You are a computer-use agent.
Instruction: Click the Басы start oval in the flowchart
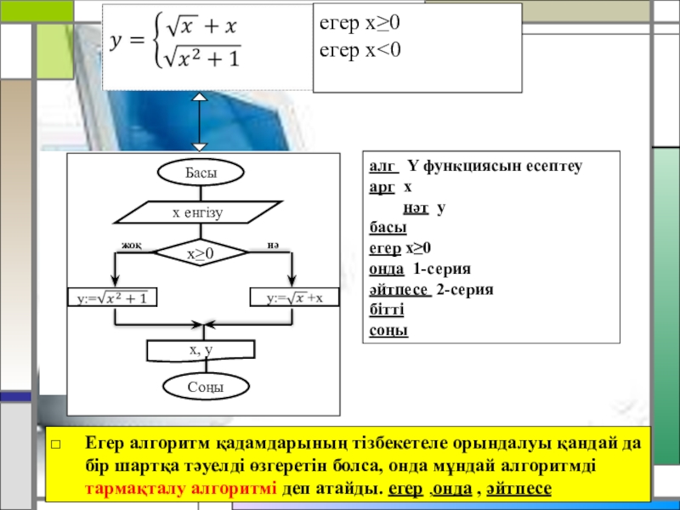pyautogui.click(x=201, y=173)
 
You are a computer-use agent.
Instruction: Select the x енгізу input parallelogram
pyautogui.click(x=201, y=212)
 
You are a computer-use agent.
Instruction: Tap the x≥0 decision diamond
pyautogui.click(x=201, y=253)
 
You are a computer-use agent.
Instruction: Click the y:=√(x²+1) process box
pyautogui.click(x=114, y=298)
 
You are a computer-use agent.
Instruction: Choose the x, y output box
pyautogui.click(x=201, y=350)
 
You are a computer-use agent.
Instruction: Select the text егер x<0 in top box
pyautogui.click(x=359, y=51)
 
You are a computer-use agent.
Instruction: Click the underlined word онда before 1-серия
pyautogui.click(x=387, y=269)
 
